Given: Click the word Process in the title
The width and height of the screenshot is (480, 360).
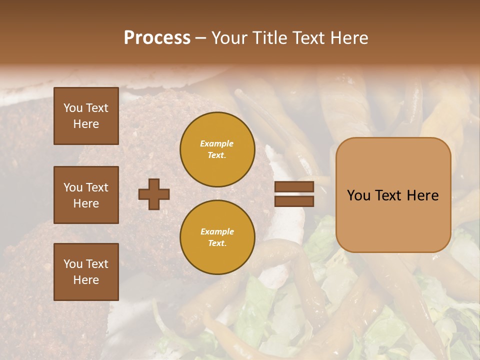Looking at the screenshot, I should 157,38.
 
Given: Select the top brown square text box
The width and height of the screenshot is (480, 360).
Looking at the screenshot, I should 86,116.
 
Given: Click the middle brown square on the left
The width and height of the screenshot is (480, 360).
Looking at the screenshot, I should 86,195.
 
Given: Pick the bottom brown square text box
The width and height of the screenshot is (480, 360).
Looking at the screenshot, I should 86,272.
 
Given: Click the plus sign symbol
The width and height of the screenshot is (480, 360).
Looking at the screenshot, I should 154,194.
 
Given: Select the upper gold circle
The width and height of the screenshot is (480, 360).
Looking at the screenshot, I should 217,149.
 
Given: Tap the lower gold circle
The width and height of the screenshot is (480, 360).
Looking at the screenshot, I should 217,237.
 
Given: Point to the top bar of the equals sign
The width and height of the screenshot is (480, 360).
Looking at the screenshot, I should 294,186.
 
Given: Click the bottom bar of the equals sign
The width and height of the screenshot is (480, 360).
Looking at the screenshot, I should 294,201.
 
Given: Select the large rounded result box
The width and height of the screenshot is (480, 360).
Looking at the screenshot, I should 393,195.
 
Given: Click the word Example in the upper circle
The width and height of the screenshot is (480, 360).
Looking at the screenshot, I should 217,143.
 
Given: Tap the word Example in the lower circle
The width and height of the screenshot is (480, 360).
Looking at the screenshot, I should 217,231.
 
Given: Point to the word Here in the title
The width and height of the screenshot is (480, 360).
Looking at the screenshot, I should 350,38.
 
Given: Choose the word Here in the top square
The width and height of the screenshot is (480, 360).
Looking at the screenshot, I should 86,124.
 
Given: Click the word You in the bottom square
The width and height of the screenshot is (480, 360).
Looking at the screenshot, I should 73,264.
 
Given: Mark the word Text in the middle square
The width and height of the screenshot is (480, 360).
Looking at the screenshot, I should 96,187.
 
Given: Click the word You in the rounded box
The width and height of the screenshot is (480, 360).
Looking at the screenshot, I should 358,195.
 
